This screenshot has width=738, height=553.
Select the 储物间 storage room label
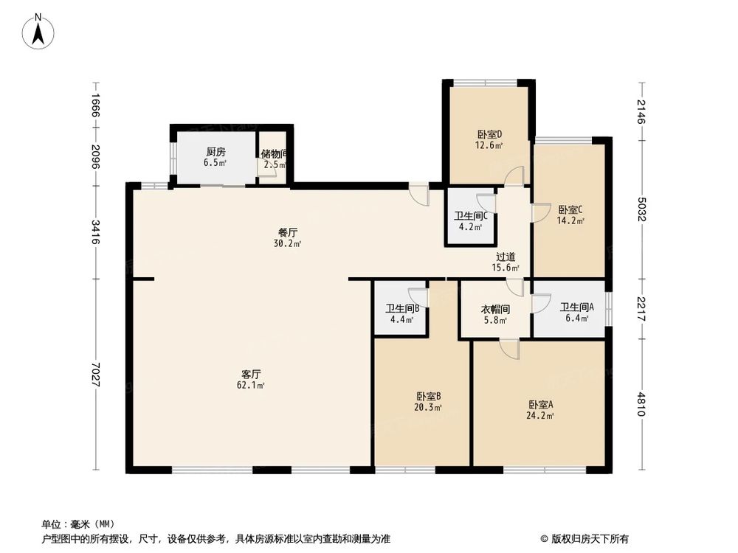(x=274, y=154)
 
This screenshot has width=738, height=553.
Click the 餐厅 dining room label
(x=288, y=232)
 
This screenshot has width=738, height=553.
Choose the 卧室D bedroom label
(x=489, y=134)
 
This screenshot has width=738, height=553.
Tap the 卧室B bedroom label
(x=428, y=395)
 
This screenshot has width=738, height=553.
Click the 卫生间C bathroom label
(x=472, y=216)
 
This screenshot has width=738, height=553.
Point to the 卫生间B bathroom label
(x=402, y=309)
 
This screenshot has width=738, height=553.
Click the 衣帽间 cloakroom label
(x=495, y=310)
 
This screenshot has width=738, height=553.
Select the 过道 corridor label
(x=506, y=257)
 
